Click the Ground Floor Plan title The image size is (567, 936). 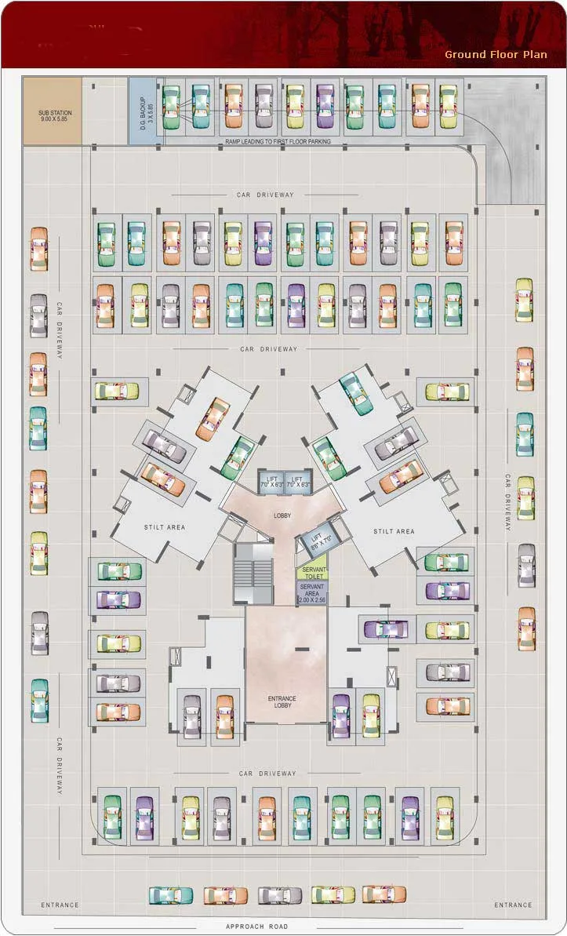point(496,54)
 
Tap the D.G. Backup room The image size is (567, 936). point(144,111)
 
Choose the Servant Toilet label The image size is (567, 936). point(311,574)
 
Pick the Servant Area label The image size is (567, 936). point(311,594)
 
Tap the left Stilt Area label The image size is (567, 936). point(165,527)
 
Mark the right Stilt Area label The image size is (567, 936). point(394,531)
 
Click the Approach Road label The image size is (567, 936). point(256,927)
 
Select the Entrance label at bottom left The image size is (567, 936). point(60,905)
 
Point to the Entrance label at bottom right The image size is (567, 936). point(513,905)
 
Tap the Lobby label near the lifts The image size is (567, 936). point(282,515)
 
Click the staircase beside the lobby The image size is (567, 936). point(251,572)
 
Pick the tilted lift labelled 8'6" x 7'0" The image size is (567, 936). point(318,540)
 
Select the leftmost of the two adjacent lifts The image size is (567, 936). point(272,482)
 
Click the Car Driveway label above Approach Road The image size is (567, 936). point(267,774)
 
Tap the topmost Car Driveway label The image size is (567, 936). point(265,195)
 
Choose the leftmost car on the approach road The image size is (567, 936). point(170,895)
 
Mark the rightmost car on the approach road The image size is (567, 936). point(384,894)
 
